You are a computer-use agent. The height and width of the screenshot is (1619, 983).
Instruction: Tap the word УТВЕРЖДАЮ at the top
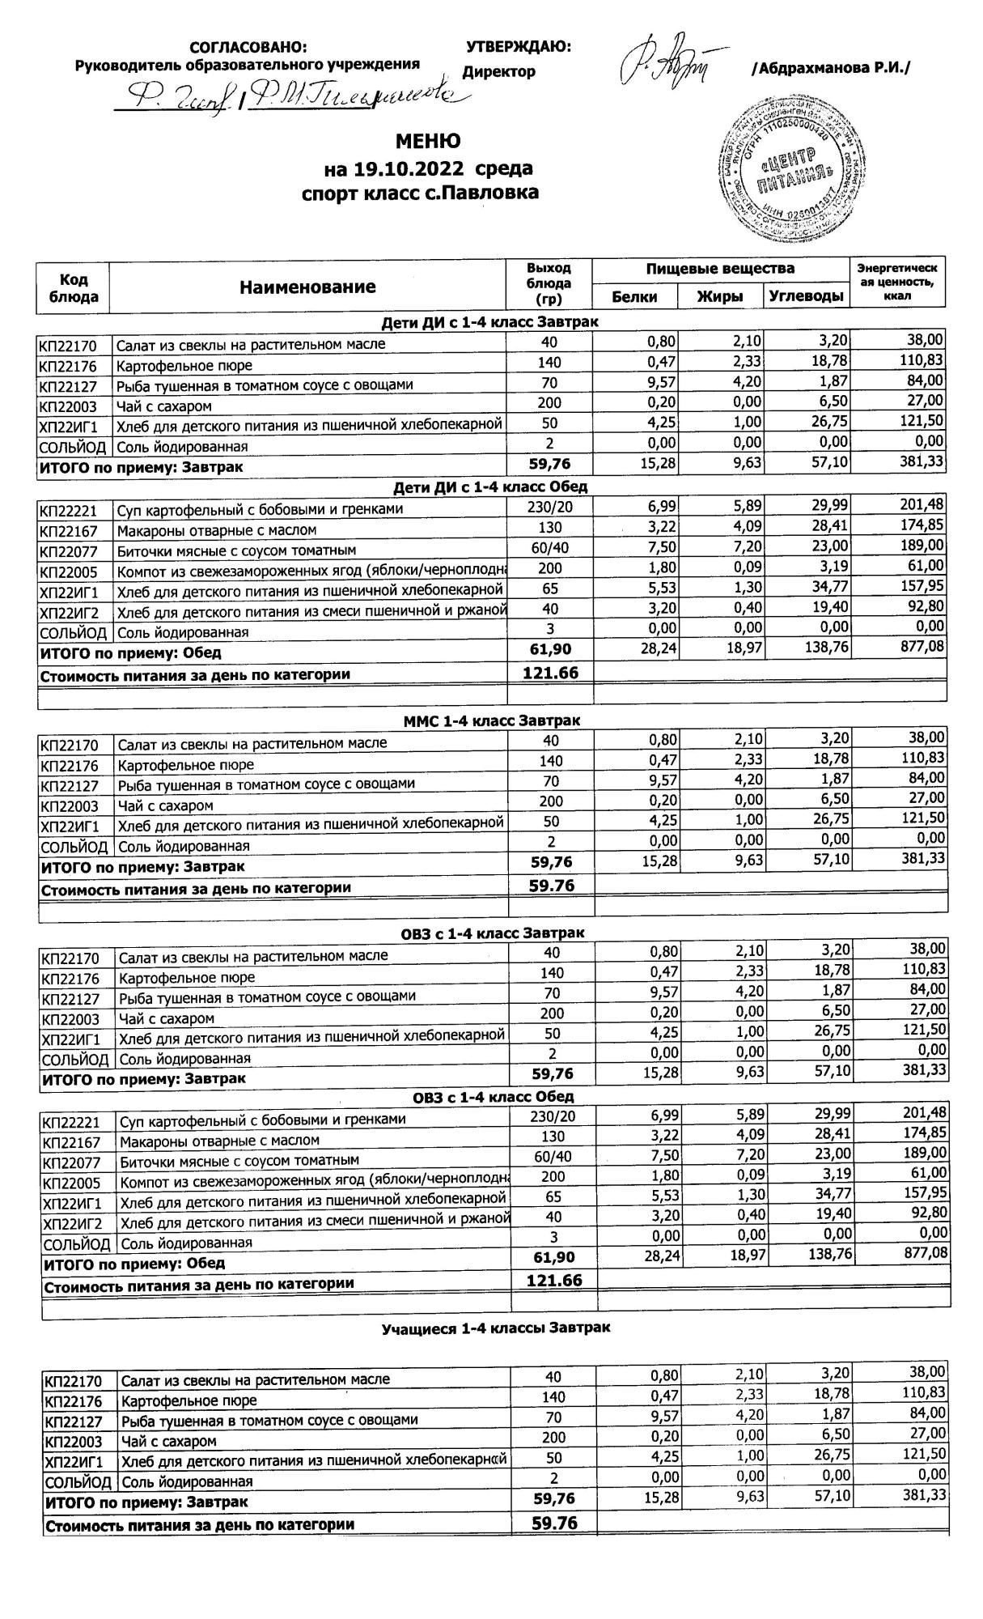[x=519, y=47]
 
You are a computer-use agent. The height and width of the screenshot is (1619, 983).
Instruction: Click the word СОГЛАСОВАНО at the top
[x=248, y=48]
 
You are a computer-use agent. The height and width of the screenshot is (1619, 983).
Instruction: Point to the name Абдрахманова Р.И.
[x=830, y=70]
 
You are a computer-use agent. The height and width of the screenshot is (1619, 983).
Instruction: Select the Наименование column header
[x=307, y=287]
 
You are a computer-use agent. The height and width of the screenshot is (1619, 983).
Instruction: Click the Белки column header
[x=634, y=297]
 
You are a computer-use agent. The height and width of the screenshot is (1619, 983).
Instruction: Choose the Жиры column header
[x=720, y=297]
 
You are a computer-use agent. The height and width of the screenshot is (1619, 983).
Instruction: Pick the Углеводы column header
[x=806, y=297]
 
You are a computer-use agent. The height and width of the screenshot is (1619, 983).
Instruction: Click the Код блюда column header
[x=74, y=287]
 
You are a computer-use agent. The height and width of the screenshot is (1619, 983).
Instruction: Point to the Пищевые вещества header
[x=720, y=269]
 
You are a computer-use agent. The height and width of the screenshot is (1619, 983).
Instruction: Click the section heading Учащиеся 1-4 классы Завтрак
[x=496, y=1328]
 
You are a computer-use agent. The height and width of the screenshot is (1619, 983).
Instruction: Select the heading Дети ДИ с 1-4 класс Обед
[x=489, y=487]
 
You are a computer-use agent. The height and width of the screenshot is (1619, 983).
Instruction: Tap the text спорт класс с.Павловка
[x=419, y=193]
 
